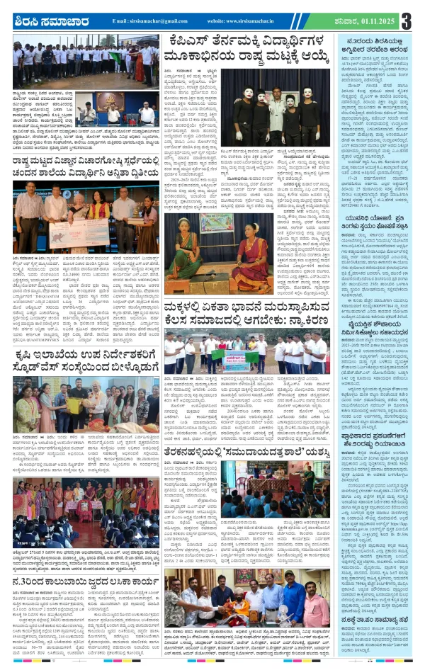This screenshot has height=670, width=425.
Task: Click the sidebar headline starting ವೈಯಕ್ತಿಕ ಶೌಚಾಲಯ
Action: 373,352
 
